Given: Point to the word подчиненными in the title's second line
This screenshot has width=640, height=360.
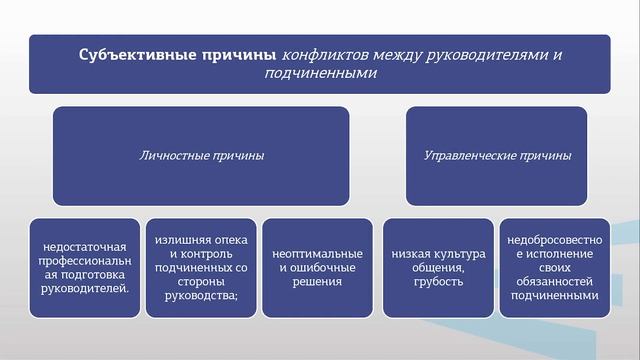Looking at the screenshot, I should (320, 73).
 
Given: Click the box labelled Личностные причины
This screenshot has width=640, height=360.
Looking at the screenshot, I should (201, 156).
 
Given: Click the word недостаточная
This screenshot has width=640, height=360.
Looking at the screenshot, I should (85, 247).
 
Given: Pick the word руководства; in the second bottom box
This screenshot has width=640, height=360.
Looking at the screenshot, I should (201, 295).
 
